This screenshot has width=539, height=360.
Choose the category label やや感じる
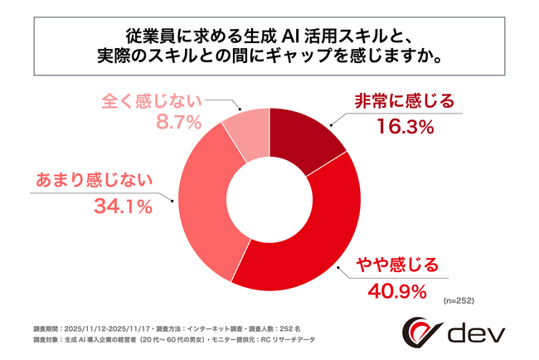point(396,265)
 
